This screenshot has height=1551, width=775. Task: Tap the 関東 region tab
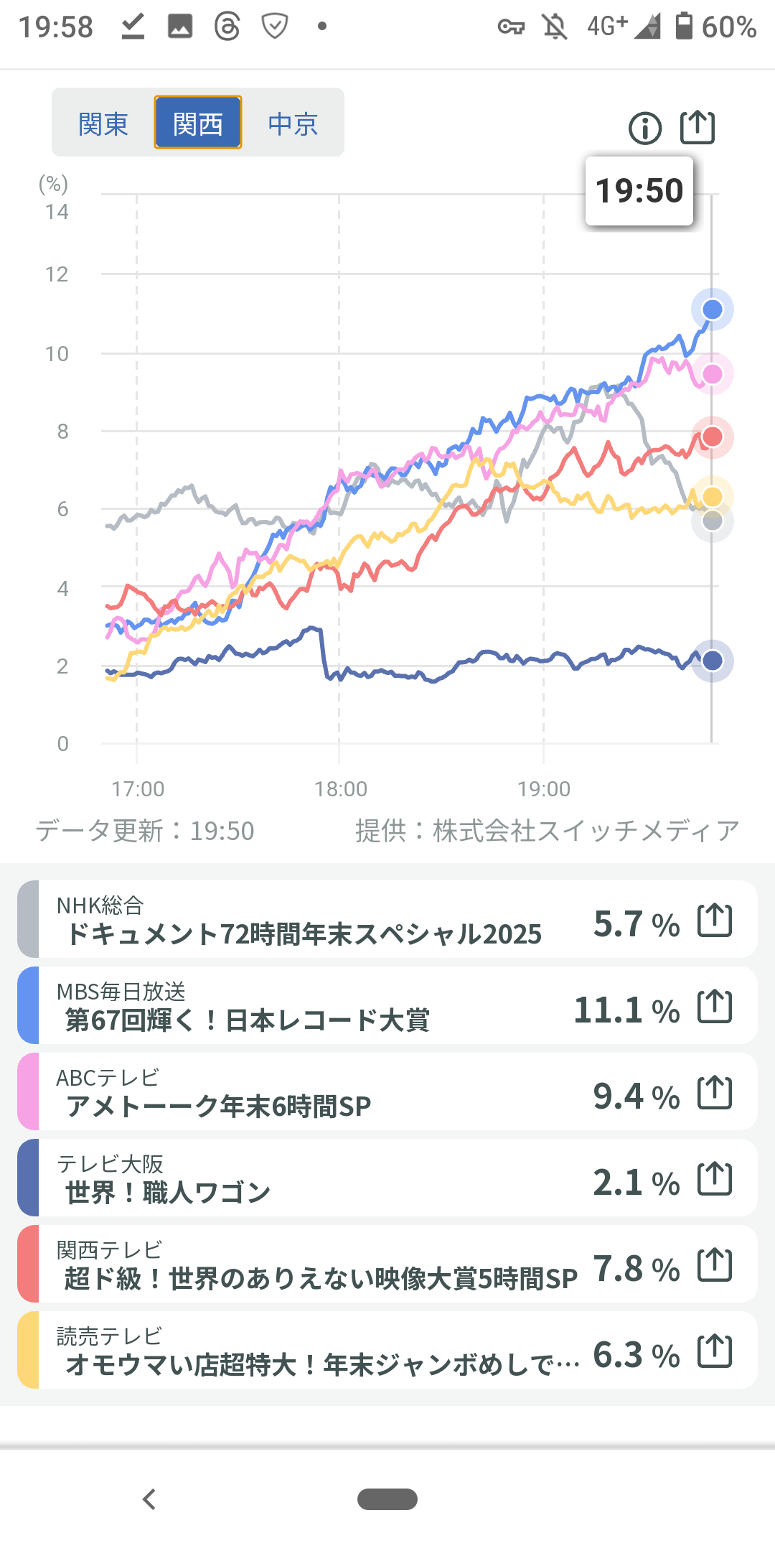(103, 124)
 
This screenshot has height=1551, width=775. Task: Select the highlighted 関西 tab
(198, 124)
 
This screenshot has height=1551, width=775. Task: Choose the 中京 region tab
(293, 124)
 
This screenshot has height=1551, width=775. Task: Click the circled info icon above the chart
(645, 129)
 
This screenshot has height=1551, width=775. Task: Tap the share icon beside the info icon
(697, 128)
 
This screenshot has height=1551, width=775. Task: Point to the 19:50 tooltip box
(639, 191)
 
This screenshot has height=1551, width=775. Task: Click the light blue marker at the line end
(712, 309)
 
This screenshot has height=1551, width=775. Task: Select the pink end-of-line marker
(712, 374)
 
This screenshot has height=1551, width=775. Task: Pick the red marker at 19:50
(712, 437)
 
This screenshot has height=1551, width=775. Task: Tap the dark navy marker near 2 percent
(712, 661)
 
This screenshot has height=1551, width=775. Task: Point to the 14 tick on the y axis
(57, 212)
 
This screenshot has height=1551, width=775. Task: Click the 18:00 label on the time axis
(340, 789)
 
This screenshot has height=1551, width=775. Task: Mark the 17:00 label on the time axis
(138, 789)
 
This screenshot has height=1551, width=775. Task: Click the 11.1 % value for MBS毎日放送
(626, 1010)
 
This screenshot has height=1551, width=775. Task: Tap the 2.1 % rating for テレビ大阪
(636, 1183)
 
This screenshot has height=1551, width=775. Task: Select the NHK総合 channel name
(100, 905)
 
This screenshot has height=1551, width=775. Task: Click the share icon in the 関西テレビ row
(715, 1264)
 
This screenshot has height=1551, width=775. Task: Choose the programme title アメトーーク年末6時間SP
(218, 1107)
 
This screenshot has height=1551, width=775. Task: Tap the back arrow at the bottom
(149, 1499)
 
